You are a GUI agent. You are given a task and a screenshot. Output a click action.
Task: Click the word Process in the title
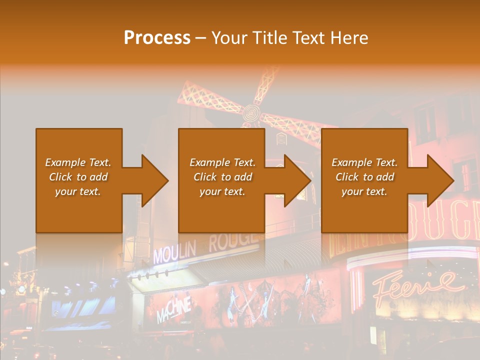pos(157,38)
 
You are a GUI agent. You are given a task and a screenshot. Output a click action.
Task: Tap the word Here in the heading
pos(349,38)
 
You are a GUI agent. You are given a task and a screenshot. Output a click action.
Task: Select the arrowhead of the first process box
pos(154,180)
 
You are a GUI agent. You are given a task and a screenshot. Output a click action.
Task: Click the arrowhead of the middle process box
pos(297,180)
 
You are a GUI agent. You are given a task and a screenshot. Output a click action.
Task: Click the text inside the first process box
pos(78,177)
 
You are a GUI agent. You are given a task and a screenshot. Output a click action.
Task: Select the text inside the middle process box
pos(222,177)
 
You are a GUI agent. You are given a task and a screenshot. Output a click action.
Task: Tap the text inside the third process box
pos(364,177)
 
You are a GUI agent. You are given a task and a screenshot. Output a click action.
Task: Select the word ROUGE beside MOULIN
pos(232,242)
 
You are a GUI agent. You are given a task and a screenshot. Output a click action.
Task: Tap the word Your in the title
pos(228,38)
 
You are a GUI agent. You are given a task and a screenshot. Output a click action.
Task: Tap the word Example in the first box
pos(65,162)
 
